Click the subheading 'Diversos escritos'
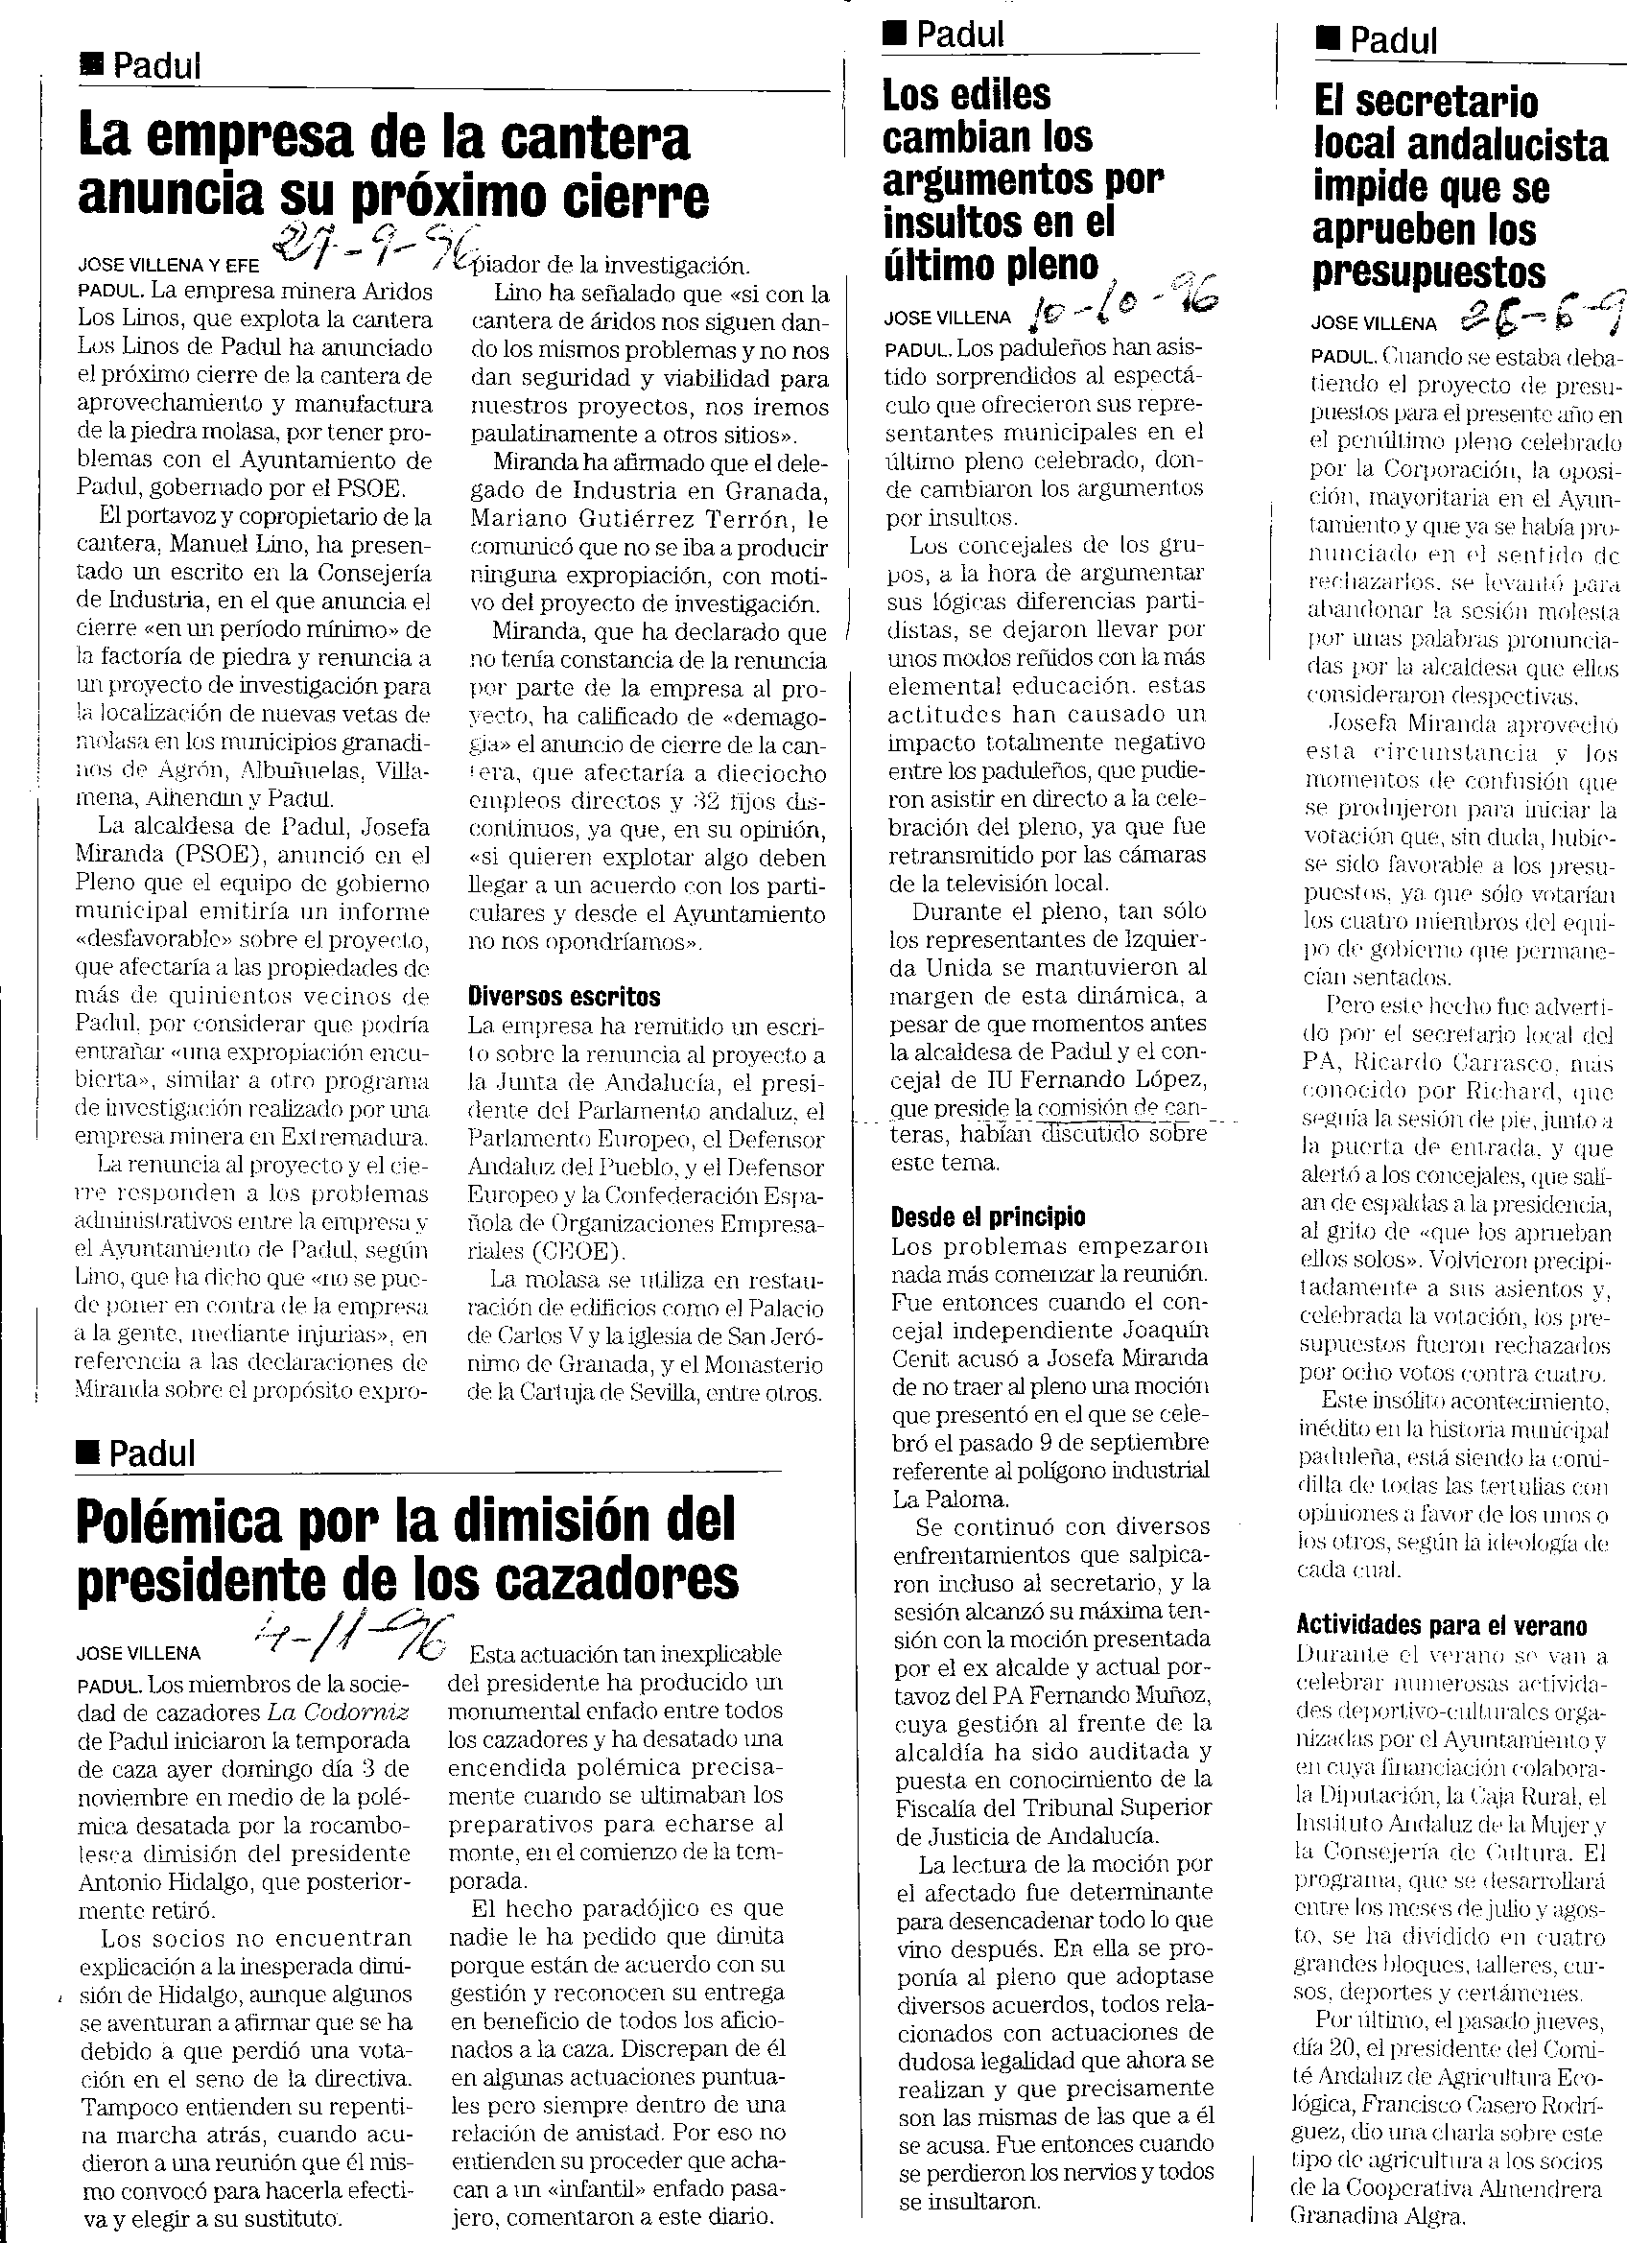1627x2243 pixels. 564,996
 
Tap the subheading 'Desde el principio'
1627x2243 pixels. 988,1216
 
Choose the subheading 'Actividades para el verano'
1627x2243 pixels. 1441,1625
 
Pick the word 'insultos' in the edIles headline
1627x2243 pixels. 951,223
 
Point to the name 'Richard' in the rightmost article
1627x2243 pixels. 1518,1092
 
